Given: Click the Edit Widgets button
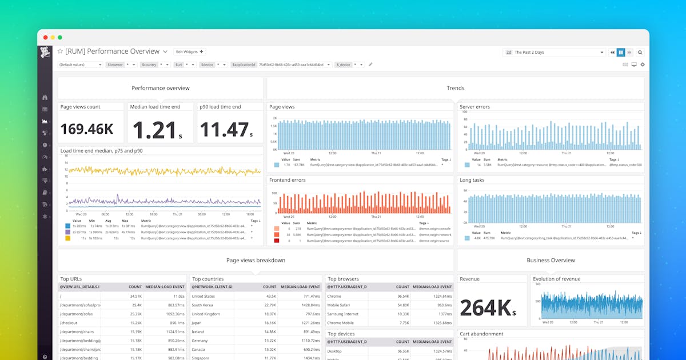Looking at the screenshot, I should tap(189, 52).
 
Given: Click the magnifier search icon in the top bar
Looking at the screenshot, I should tap(640, 53).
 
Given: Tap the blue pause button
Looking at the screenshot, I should tap(621, 53).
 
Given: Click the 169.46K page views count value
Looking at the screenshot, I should tap(87, 129).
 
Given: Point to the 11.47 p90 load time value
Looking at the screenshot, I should tap(225, 130).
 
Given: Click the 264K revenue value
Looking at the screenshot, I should tap(485, 308).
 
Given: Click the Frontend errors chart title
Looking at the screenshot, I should tap(288, 180).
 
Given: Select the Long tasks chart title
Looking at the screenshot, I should tap(473, 180).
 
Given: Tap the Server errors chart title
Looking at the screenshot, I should tap(475, 107).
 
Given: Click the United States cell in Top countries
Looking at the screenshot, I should tap(204, 297).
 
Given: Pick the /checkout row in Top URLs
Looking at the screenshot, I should tap(69, 323).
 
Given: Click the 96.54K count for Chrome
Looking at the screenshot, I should tap(402, 297).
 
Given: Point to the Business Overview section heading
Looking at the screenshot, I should tap(551, 261).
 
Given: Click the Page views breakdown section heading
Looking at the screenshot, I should tap(256, 261).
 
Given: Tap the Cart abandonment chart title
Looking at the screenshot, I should tap(481, 334).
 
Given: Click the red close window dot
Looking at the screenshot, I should tap(45, 37).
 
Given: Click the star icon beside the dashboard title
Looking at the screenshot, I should tap(60, 51).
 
